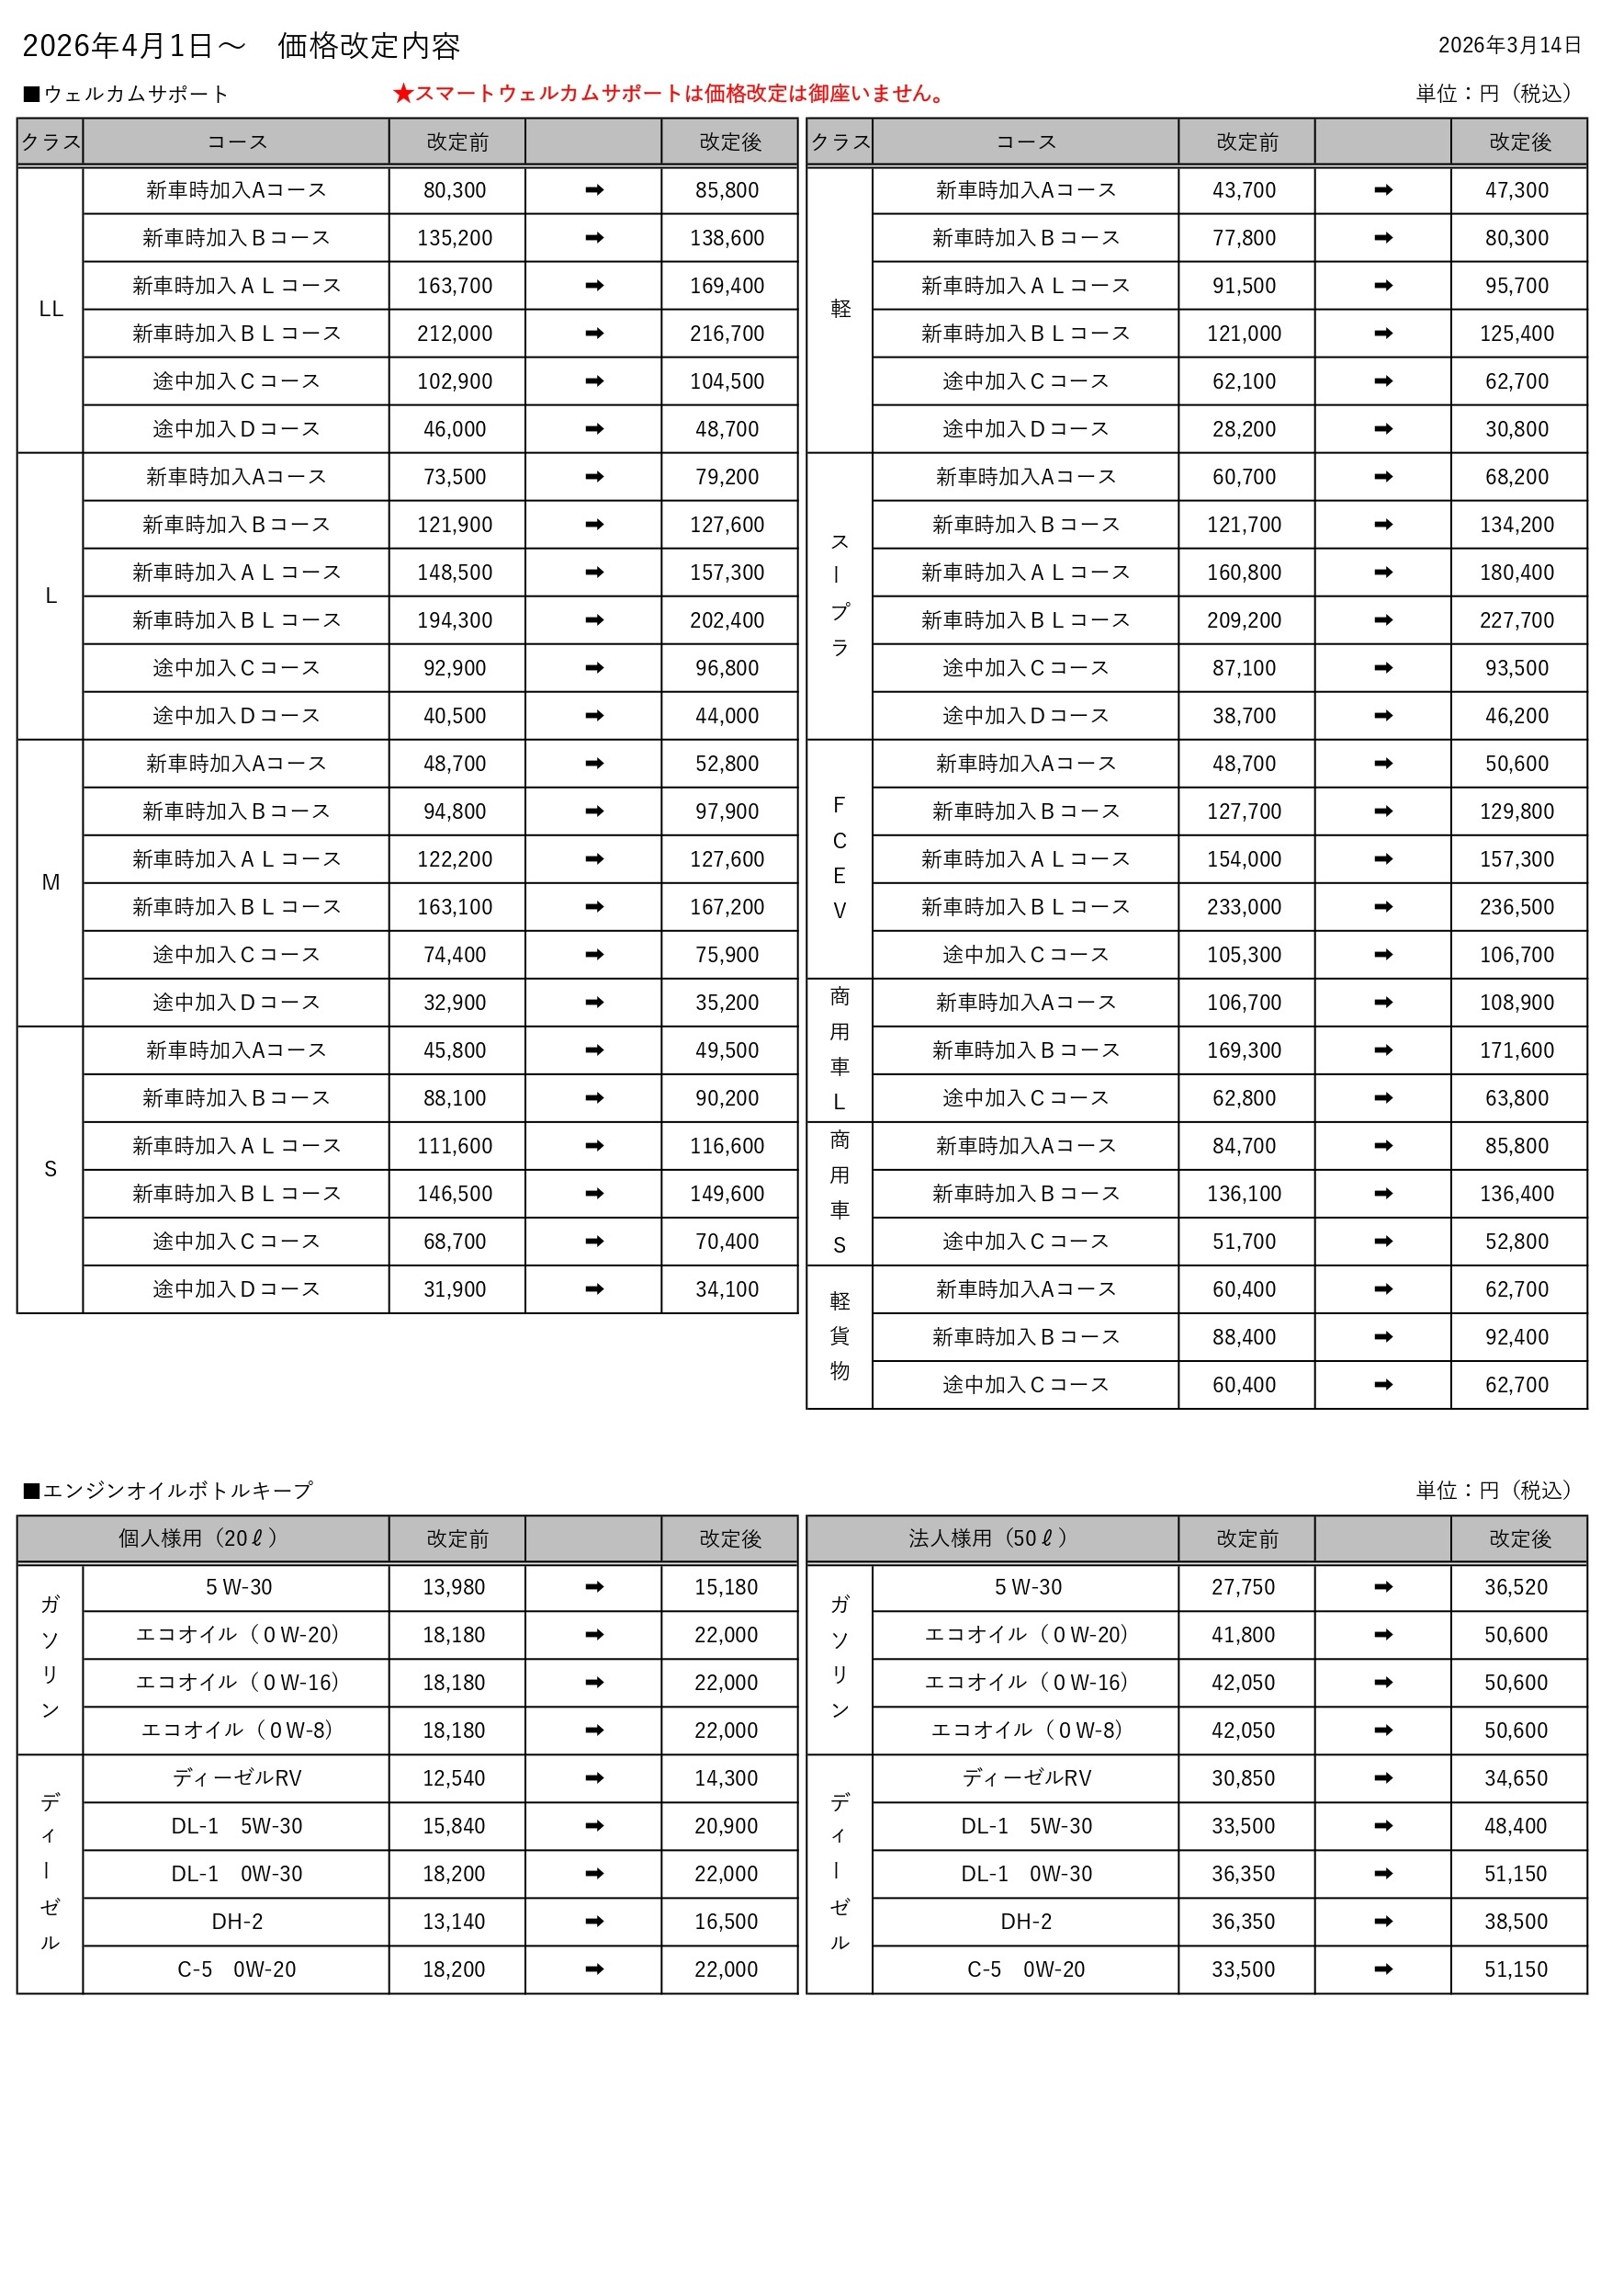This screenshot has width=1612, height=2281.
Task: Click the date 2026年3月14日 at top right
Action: coord(1509,45)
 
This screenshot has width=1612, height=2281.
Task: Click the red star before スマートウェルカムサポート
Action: coord(402,94)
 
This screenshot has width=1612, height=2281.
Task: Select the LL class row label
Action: coord(51,309)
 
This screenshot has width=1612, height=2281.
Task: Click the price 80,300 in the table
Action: coord(455,189)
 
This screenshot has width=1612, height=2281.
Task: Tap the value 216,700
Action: coord(727,334)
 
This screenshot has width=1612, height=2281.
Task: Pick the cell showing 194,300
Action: coord(455,620)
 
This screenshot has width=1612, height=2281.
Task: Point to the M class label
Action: coord(51,882)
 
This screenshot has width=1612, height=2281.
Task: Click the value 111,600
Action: coord(455,1145)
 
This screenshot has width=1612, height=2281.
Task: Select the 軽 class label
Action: coord(840,309)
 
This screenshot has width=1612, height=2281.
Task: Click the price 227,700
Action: coord(1516,620)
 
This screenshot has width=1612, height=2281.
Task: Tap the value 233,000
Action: coord(1245,907)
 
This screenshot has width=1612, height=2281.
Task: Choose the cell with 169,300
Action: coord(1245,1050)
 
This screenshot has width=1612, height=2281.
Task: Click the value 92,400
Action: coord(1516,1337)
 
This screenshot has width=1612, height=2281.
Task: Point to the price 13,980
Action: coord(454,1586)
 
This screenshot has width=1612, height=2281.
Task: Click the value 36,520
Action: coord(1516,1586)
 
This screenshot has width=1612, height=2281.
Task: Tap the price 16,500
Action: coord(726,1922)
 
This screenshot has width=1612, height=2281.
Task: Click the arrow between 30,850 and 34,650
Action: coord(1383,1778)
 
